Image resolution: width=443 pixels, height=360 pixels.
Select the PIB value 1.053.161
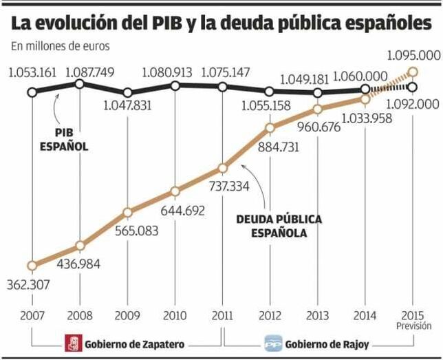[32, 72]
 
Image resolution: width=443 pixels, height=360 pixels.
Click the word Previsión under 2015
[413, 325]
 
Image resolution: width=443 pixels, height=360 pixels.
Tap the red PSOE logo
[72, 343]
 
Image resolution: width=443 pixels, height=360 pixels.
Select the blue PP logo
[274, 343]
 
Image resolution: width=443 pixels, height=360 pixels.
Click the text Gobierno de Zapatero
[134, 343]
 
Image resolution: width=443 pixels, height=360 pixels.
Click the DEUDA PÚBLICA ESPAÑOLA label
[279, 226]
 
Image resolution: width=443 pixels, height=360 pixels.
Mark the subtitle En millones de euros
[60, 47]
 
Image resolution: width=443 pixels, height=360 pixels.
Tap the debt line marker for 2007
[32, 266]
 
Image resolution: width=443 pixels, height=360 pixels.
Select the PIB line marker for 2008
[80, 83]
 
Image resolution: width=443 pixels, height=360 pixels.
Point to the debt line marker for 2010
[175, 191]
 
